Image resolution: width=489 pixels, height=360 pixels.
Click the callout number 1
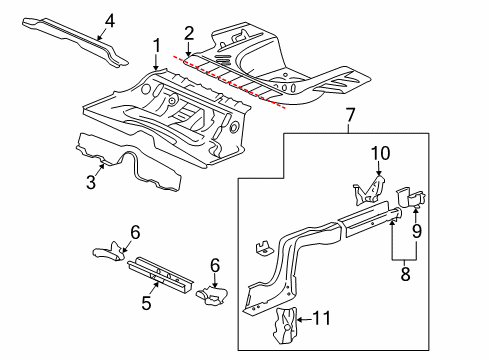click(x=156, y=45)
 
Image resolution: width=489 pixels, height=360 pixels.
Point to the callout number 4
click(x=110, y=20)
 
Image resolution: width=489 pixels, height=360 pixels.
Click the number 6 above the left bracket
click(x=135, y=232)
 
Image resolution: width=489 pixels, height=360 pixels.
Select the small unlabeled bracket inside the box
click(x=262, y=246)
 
